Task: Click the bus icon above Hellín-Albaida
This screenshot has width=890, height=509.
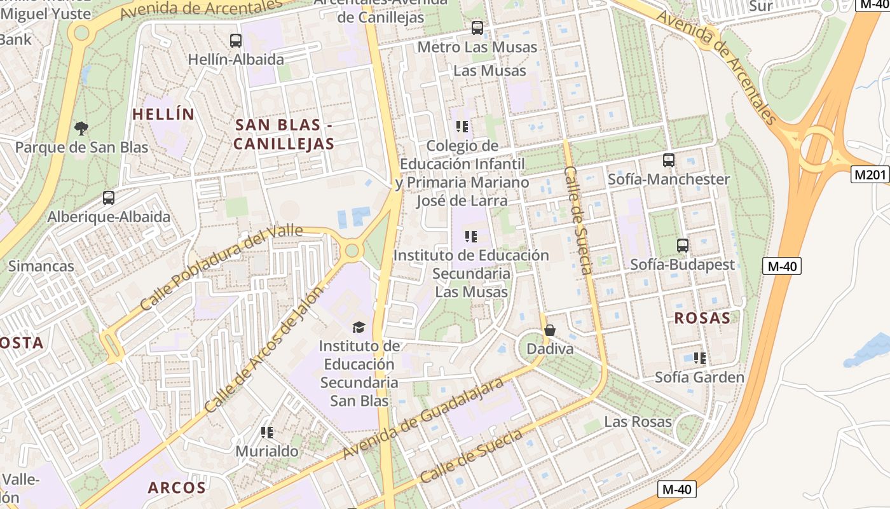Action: [x=236, y=41]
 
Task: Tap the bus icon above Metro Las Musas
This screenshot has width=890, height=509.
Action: [x=477, y=28]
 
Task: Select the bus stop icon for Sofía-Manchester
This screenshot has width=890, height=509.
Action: [x=668, y=160]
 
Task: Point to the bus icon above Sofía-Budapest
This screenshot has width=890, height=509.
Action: [x=682, y=245]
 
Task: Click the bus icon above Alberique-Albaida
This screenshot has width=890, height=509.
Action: [x=109, y=198]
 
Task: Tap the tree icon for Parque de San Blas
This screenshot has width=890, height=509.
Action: [x=81, y=129]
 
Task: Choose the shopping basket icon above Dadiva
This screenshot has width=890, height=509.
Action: [x=550, y=330]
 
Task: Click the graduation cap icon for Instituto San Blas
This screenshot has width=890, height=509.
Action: [x=359, y=327]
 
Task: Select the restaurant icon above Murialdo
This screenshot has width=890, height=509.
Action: [x=267, y=433]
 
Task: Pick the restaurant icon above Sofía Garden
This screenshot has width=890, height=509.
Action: [x=700, y=358]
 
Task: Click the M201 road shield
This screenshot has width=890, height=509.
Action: [x=870, y=174]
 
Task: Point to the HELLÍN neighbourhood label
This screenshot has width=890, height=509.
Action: [x=163, y=115]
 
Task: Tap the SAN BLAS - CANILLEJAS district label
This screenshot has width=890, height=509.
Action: [x=284, y=134]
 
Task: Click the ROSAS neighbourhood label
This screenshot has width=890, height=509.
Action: [x=702, y=318]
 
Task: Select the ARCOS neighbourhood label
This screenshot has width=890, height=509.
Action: [x=177, y=488]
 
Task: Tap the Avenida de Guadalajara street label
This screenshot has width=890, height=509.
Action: [x=423, y=418]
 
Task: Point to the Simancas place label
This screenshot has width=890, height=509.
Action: [x=41, y=266]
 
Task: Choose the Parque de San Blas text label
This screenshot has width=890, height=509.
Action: [x=81, y=148]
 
